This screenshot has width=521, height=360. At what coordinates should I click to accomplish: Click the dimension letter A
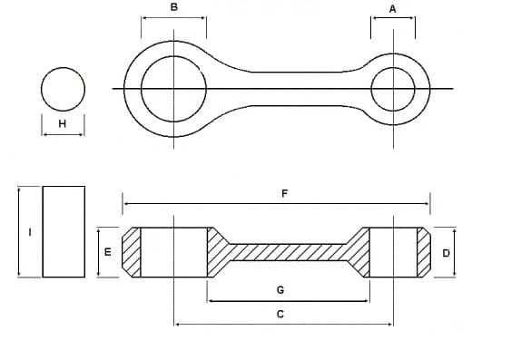[x=392, y=9]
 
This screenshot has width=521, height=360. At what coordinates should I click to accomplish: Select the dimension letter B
[x=173, y=7]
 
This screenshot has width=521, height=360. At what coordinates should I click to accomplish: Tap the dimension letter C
[x=280, y=314]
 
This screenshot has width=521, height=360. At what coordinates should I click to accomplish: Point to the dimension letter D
[x=446, y=253]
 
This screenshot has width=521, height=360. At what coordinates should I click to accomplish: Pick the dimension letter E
[x=108, y=252]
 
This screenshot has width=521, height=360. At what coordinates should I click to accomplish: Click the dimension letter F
[x=284, y=193]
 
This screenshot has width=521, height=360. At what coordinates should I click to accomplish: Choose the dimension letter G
[x=280, y=290]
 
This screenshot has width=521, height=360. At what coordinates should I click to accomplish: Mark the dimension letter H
[x=62, y=124]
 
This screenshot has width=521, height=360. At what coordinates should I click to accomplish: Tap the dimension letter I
[x=30, y=232]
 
